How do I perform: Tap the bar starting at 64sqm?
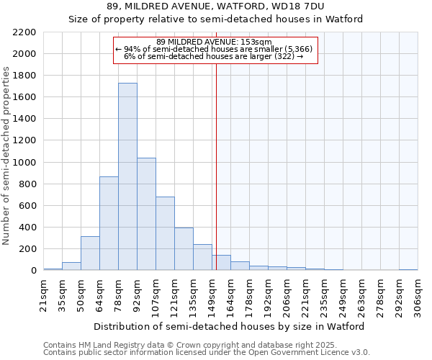point(109,223)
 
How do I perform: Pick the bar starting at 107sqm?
point(165,233)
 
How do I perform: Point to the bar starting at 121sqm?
point(184,249)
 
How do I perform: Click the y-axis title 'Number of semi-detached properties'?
point(7,156)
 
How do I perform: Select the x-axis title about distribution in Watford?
point(230,326)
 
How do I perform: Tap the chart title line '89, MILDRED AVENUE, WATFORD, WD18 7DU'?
point(215,6)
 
